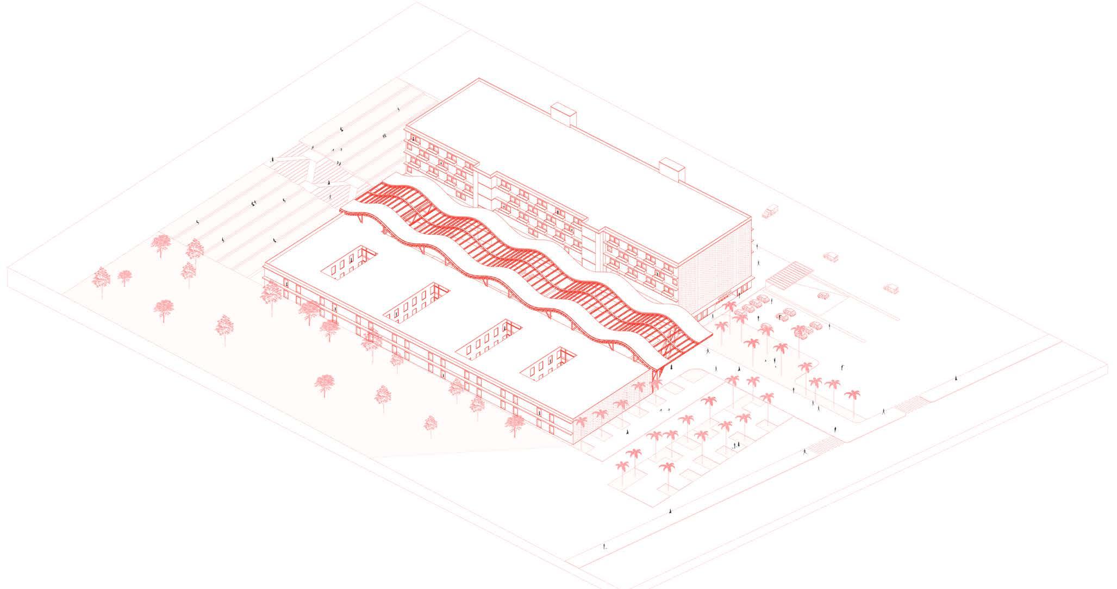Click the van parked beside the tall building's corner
tap(770, 211)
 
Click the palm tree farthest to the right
tap(851, 395)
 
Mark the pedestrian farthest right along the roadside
tap(956, 378)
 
